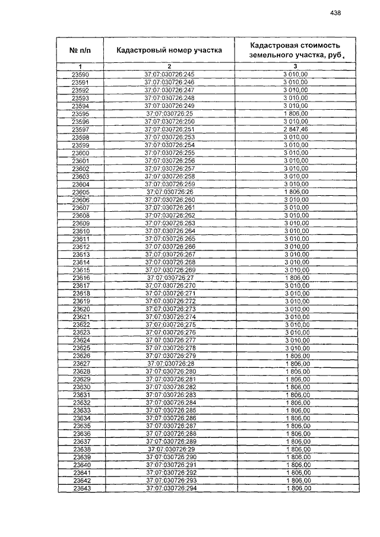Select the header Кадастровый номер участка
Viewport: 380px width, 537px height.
pyautogui.click(x=169, y=50)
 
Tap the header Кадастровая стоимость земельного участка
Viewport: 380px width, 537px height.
pyautogui.click(x=295, y=50)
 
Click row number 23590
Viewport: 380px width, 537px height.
pyautogui.click(x=80, y=74)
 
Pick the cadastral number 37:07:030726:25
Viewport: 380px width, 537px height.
pyautogui.click(x=169, y=113)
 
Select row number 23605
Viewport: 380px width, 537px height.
pyautogui.click(x=80, y=192)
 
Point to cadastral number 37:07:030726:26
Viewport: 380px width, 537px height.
pyautogui.click(x=169, y=192)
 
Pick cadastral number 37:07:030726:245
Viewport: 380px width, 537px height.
pyautogui.click(x=169, y=74)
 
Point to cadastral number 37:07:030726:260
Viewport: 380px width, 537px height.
pyautogui.click(x=169, y=200)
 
